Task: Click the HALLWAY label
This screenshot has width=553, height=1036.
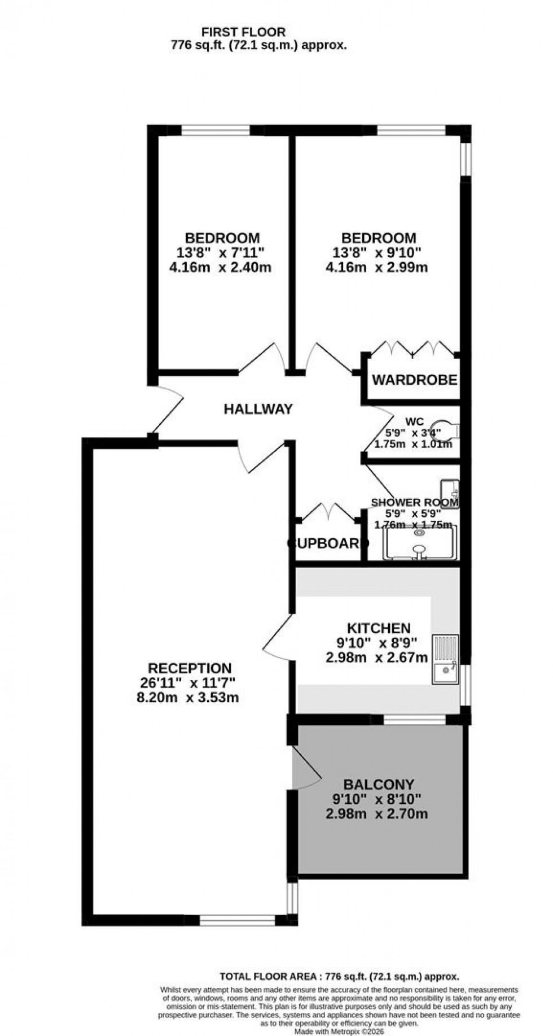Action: [x=258, y=409]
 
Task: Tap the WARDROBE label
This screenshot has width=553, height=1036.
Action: [x=414, y=380]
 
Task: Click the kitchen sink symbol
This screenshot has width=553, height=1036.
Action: [x=446, y=660]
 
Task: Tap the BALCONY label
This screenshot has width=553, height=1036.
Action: [x=379, y=784]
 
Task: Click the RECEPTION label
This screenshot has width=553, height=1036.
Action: [x=190, y=669]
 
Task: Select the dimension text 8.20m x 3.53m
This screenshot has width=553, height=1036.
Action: [x=184, y=698]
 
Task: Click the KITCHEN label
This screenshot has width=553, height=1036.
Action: [x=378, y=628]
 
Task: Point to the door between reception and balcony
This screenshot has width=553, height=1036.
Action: [x=306, y=767]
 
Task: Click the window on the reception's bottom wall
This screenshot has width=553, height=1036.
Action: [x=237, y=920]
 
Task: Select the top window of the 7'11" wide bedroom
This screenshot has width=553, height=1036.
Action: [x=216, y=130]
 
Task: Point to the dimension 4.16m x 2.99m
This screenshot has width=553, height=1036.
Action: [x=376, y=267]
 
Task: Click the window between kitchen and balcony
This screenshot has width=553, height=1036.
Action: [x=414, y=719]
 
